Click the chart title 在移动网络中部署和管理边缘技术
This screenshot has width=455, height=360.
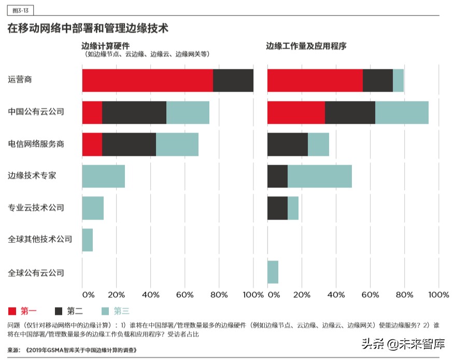pyautogui.click(x=88, y=28)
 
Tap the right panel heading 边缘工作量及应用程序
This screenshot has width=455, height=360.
pyautogui.click(x=306, y=46)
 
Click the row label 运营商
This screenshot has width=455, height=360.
pyautogui.click(x=20, y=80)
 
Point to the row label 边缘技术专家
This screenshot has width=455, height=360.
pyautogui.click(x=32, y=176)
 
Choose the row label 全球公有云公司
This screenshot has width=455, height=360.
pyautogui.click(x=36, y=272)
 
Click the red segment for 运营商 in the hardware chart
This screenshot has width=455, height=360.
pyautogui.click(x=147, y=80)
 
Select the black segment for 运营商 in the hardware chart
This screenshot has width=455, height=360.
pyautogui.click(x=233, y=80)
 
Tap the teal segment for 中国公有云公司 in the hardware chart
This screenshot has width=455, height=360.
pyautogui.click(x=188, y=112)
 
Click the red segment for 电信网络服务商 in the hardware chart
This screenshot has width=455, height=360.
pyautogui.click(x=92, y=145)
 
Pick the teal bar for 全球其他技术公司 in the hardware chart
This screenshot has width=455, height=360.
pyautogui.click(x=87, y=240)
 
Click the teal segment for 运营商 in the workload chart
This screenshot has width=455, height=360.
pyautogui.click(x=398, y=80)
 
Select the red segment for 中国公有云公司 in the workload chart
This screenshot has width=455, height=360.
pyautogui.click(x=296, y=112)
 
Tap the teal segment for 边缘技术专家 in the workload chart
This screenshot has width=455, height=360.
pyautogui.click(x=319, y=176)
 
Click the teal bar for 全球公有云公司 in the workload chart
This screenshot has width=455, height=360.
pyautogui.click(x=273, y=272)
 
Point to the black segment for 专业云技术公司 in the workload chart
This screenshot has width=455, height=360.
pyautogui.click(x=277, y=208)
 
